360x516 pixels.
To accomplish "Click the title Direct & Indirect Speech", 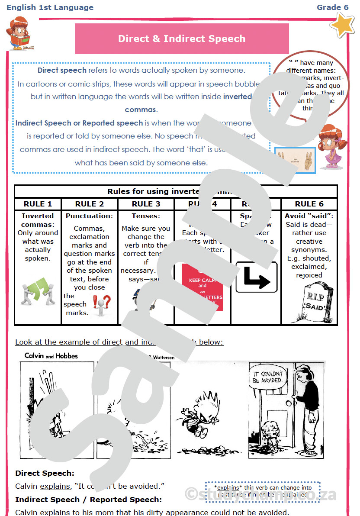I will (182, 39).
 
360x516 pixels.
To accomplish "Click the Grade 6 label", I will (332, 7).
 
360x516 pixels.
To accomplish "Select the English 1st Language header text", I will (50, 7).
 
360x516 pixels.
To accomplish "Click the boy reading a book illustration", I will (19, 34).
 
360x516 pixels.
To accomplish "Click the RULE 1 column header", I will (38, 204).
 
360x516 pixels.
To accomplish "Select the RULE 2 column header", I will (90, 204).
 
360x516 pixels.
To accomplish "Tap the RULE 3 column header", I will (146, 204).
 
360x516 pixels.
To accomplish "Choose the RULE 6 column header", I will (309, 204).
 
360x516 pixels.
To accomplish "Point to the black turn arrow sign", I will (256, 277).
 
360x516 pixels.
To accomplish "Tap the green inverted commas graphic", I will (38, 292).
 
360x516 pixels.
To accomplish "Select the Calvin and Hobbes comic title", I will (51, 356).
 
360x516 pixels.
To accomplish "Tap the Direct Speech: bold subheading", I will (45, 474).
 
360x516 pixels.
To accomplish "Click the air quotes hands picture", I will (295, 160).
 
